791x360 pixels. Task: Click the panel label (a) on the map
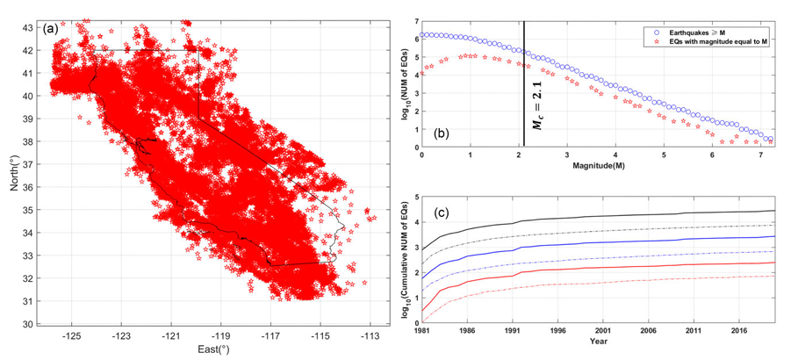(51, 29)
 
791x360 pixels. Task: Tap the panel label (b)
(439, 134)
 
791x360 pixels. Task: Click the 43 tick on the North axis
(30, 27)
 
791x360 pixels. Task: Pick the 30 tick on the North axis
(30, 324)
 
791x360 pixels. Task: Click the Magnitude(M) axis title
(597, 165)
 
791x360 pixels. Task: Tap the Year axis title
(599, 342)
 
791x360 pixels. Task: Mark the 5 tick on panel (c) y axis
(415, 196)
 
